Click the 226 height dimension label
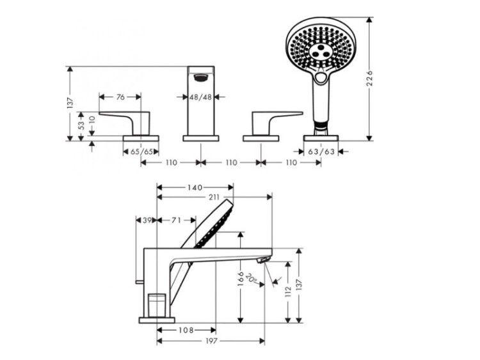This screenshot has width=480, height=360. pos(369,78)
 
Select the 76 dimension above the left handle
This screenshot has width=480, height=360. pos(120,97)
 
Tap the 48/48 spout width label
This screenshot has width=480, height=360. pos(200,97)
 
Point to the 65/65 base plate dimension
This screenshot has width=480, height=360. pos(141,152)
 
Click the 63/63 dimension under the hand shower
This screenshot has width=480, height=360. pos(321,152)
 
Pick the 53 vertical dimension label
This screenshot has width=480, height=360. pos(81,126)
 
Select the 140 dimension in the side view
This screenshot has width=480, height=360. pos(195,187)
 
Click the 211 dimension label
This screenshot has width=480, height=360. pos(214,198)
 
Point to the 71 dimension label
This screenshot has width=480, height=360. pos(176,220)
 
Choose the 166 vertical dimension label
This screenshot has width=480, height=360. pos(241,278)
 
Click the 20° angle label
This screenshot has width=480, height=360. pos(252,278)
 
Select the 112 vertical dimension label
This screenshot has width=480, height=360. pos(288,293)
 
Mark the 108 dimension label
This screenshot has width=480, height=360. pos(186,331)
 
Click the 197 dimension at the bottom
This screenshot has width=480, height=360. pos(211,341)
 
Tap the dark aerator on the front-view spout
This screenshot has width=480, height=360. pos(201,77)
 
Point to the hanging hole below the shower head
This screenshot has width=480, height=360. pos(321,77)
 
